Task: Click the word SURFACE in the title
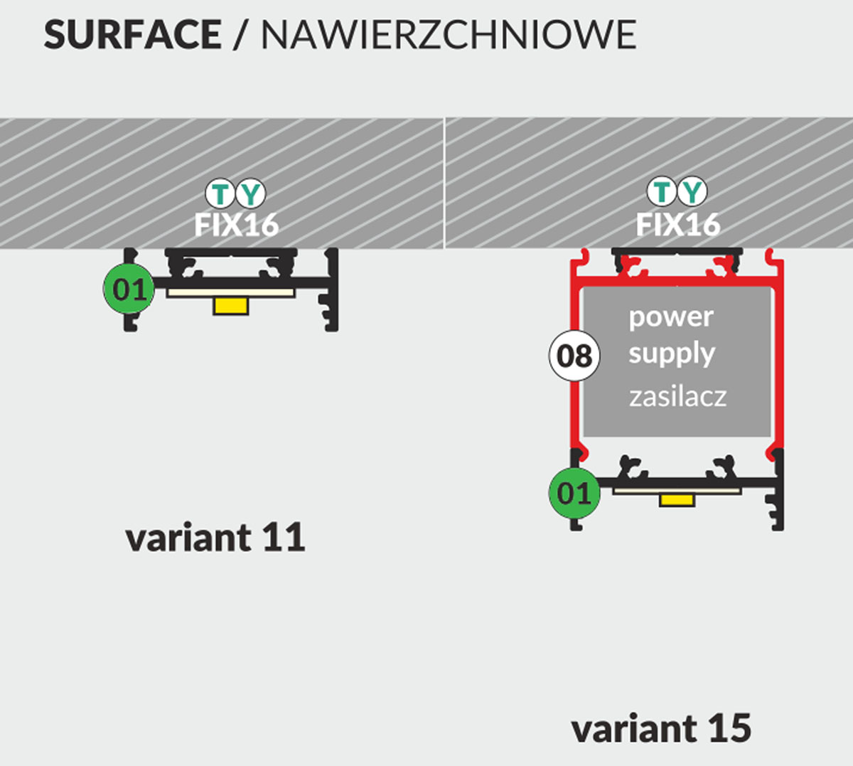tap(132, 35)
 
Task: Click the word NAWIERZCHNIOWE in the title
tap(449, 35)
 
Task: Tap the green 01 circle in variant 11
tap(129, 289)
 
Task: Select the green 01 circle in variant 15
tap(574, 493)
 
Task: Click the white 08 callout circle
tap(574, 355)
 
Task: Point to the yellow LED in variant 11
tap(231, 306)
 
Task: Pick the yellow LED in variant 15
tap(677, 500)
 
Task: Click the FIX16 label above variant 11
tap(236, 225)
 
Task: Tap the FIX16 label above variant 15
tap(677, 225)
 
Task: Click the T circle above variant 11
tap(221, 193)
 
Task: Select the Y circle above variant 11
tap(250, 193)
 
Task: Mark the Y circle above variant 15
tap(692, 191)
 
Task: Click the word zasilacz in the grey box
tap(677, 397)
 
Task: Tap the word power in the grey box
tap(670, 317)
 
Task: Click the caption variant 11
tap(215, 538)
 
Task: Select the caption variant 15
tap(661, 729)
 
